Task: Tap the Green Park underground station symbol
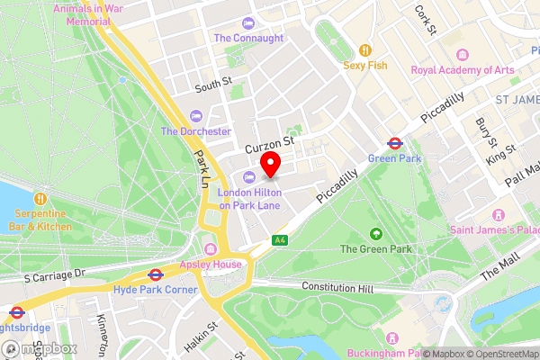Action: pos(394,142)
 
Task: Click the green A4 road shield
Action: pos(280,240)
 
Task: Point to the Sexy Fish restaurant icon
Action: pos(364,50)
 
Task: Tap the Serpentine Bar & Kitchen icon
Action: pos(40,198)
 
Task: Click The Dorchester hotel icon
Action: pos(196,115)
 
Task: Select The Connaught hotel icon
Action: pos(248,22)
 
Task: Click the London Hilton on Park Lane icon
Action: pos(249,175)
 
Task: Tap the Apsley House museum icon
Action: pos(211,249)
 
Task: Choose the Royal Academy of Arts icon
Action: pos(463,55)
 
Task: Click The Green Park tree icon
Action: pos(376,233)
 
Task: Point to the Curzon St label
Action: pos(269,144)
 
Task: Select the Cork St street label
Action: pos(425,14)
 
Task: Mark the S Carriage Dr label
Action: pos(55,274)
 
